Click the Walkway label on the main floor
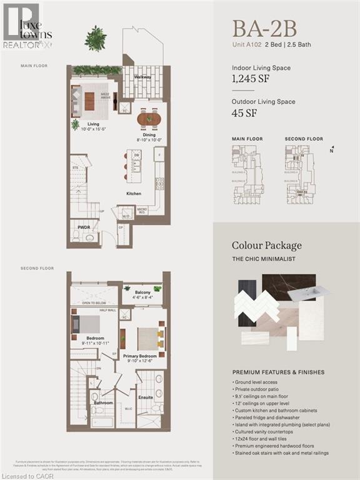click(142, 77)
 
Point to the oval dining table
click(149, 118)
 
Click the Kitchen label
click(133, 194)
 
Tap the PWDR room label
click(84, 227)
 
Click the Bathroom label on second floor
click(103, 403)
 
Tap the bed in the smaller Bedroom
click(84, 326)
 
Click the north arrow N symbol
click(331, 151)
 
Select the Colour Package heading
click(267, 246)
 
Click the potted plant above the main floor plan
click(96, 39)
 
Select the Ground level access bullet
click(257, 381)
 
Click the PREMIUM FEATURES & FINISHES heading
click(278, 372)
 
